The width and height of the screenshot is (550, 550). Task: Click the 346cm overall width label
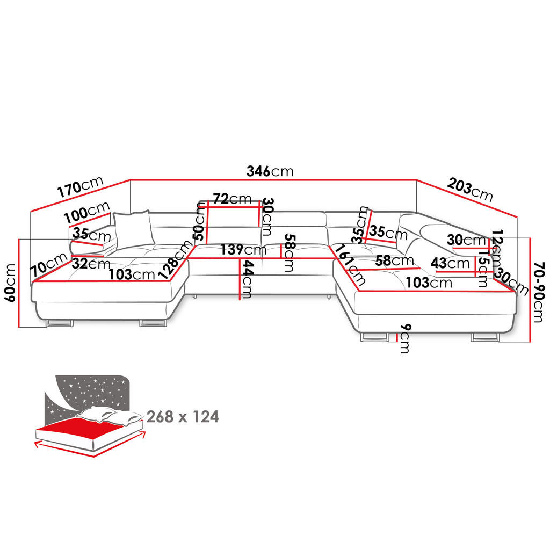(x=270, y=171)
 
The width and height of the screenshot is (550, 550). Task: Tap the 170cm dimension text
(x=80, y=186)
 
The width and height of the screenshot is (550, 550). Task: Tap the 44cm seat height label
(x=247, y=279)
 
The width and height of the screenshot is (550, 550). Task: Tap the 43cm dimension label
(x=450, y=263)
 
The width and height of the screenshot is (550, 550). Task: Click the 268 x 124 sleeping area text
(x=183, y=417)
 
